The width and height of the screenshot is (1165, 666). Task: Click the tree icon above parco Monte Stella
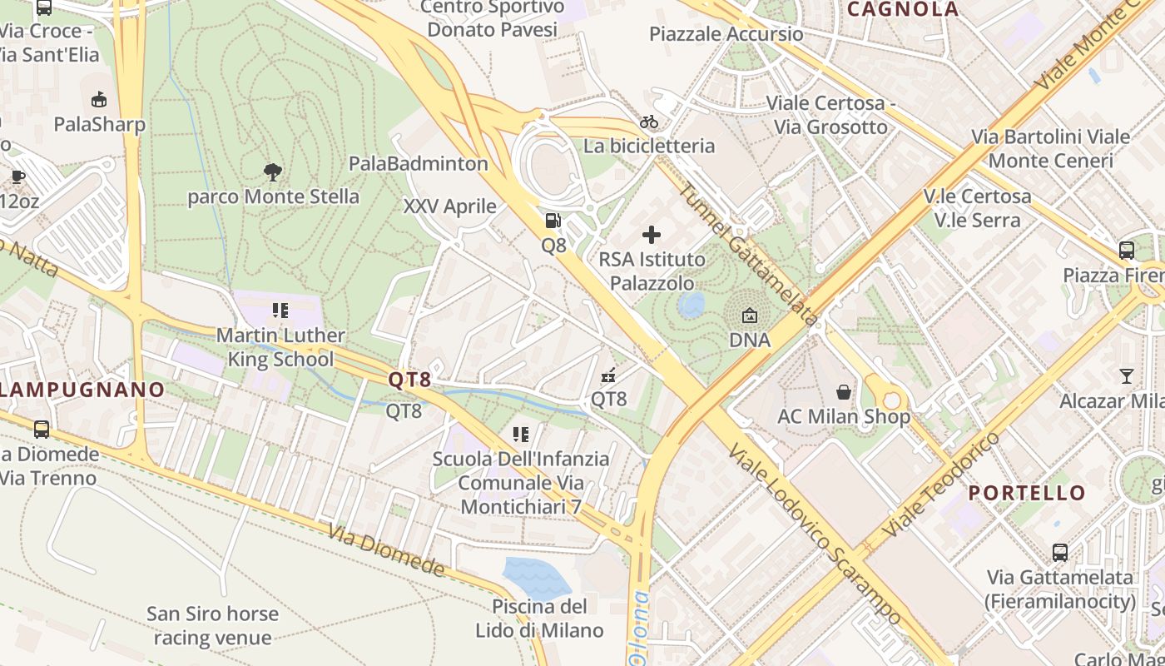coord(272,172)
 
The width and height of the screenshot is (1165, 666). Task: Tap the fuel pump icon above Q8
coord(553,221)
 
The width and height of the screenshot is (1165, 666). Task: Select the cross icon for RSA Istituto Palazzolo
coord(652,235)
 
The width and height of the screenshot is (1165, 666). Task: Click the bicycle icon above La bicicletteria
coord(649,122)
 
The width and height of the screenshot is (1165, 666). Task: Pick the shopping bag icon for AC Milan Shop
coord(844,391)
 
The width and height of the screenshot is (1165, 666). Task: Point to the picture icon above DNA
coord(749,316)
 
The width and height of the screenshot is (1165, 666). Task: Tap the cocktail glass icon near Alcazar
coord(1126,376)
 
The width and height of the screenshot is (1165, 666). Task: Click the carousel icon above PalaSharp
coord(99,100)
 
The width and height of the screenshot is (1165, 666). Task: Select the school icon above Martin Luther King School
coord(280,311)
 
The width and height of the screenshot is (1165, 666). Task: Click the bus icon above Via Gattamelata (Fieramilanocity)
coord(1060,552)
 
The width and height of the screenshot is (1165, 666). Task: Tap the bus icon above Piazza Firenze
coord(1127,250)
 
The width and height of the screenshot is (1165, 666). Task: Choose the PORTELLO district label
coord(1027,493)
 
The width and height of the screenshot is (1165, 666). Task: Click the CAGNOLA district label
coord(903,10)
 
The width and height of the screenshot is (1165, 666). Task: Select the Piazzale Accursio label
coord(726,34)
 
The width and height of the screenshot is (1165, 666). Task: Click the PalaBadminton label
coord(419,163)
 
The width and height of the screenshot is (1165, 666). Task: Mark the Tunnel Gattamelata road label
coord(747,254)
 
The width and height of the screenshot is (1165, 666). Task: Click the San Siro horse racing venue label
coord(212,626)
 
